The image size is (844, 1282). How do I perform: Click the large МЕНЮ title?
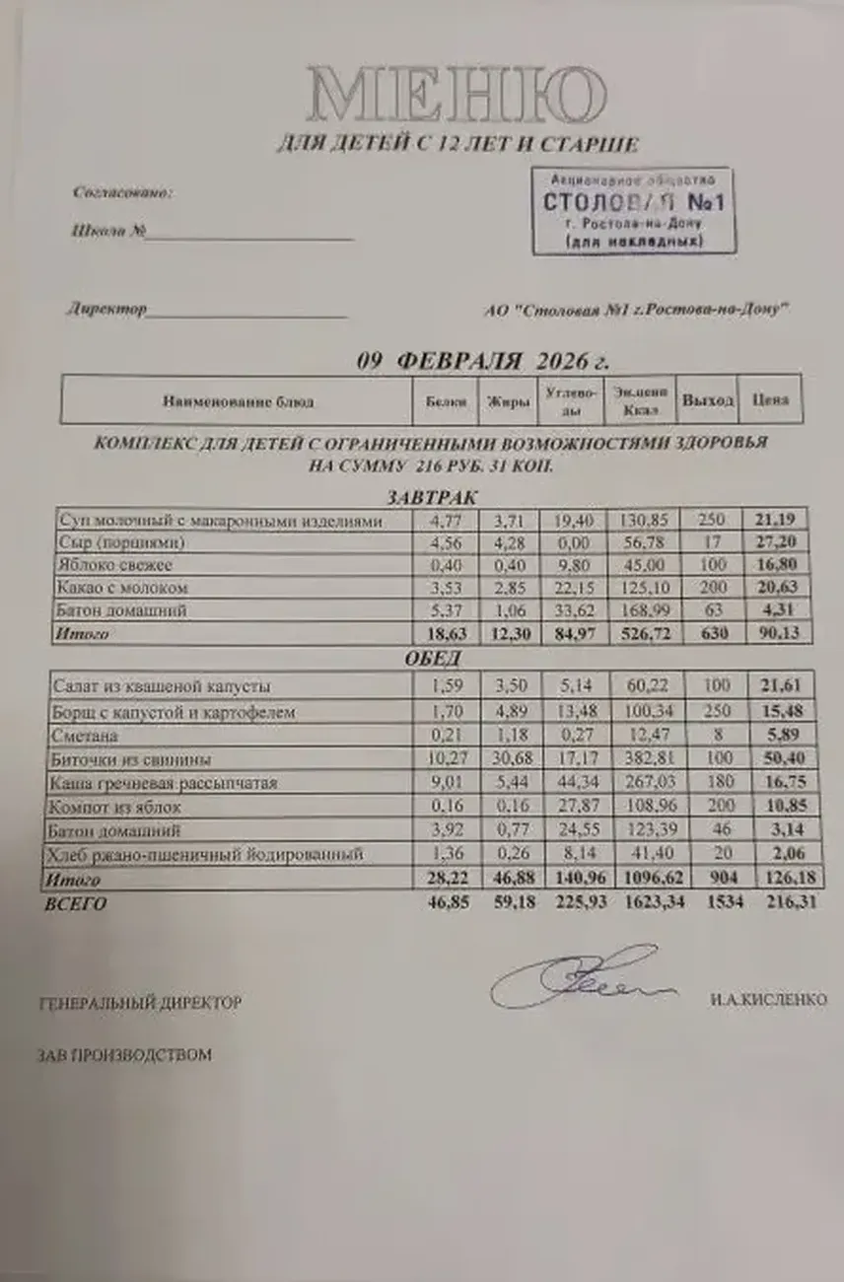pyautogui.click(x=456, y=97)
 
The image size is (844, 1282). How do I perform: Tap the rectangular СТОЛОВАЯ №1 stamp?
pyautogui.click(x=633, y=210)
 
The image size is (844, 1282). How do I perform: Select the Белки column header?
pyautogui.click(x=446, y=401)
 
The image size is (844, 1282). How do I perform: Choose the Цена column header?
pyautogui.click(x=772, y=401)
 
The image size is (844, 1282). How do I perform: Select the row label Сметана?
pyautogui.click(x=90, y=736)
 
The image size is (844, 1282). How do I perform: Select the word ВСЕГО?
pyautogui.click(x=75, y=903)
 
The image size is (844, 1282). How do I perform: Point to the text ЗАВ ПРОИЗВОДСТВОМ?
pyautogui.click(x=124, y=1055)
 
